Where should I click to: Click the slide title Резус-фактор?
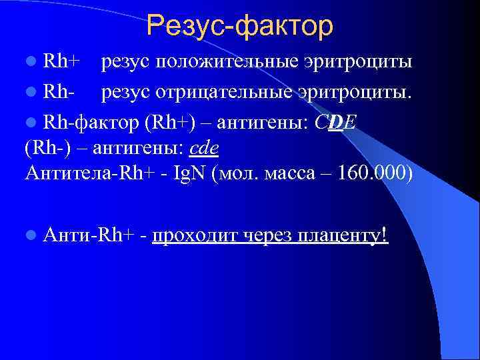point(239,26)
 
